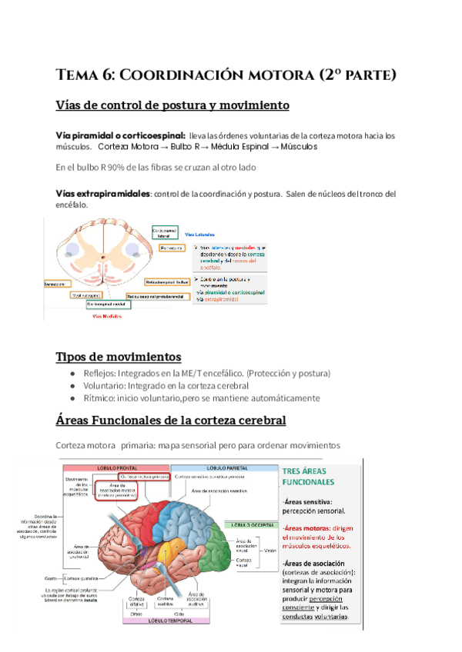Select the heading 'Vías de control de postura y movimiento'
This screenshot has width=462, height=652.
pyautogui.click(x=172, y=105)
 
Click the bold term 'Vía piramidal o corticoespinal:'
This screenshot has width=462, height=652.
pyautogui.click(x=120, y=135)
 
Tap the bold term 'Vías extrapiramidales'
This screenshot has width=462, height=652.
pyautogui.click(x=103, y=193)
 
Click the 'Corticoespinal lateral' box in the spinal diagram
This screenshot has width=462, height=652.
pyautogui.click(x=164, y=231)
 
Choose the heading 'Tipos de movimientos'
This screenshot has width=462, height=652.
pyautogui.click(x=119, y=357)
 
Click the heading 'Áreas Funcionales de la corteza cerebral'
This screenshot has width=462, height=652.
pyautogui.click(x=170, y=421)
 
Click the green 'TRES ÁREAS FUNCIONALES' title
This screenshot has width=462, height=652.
pyautogui.click(x=308, y=476)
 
